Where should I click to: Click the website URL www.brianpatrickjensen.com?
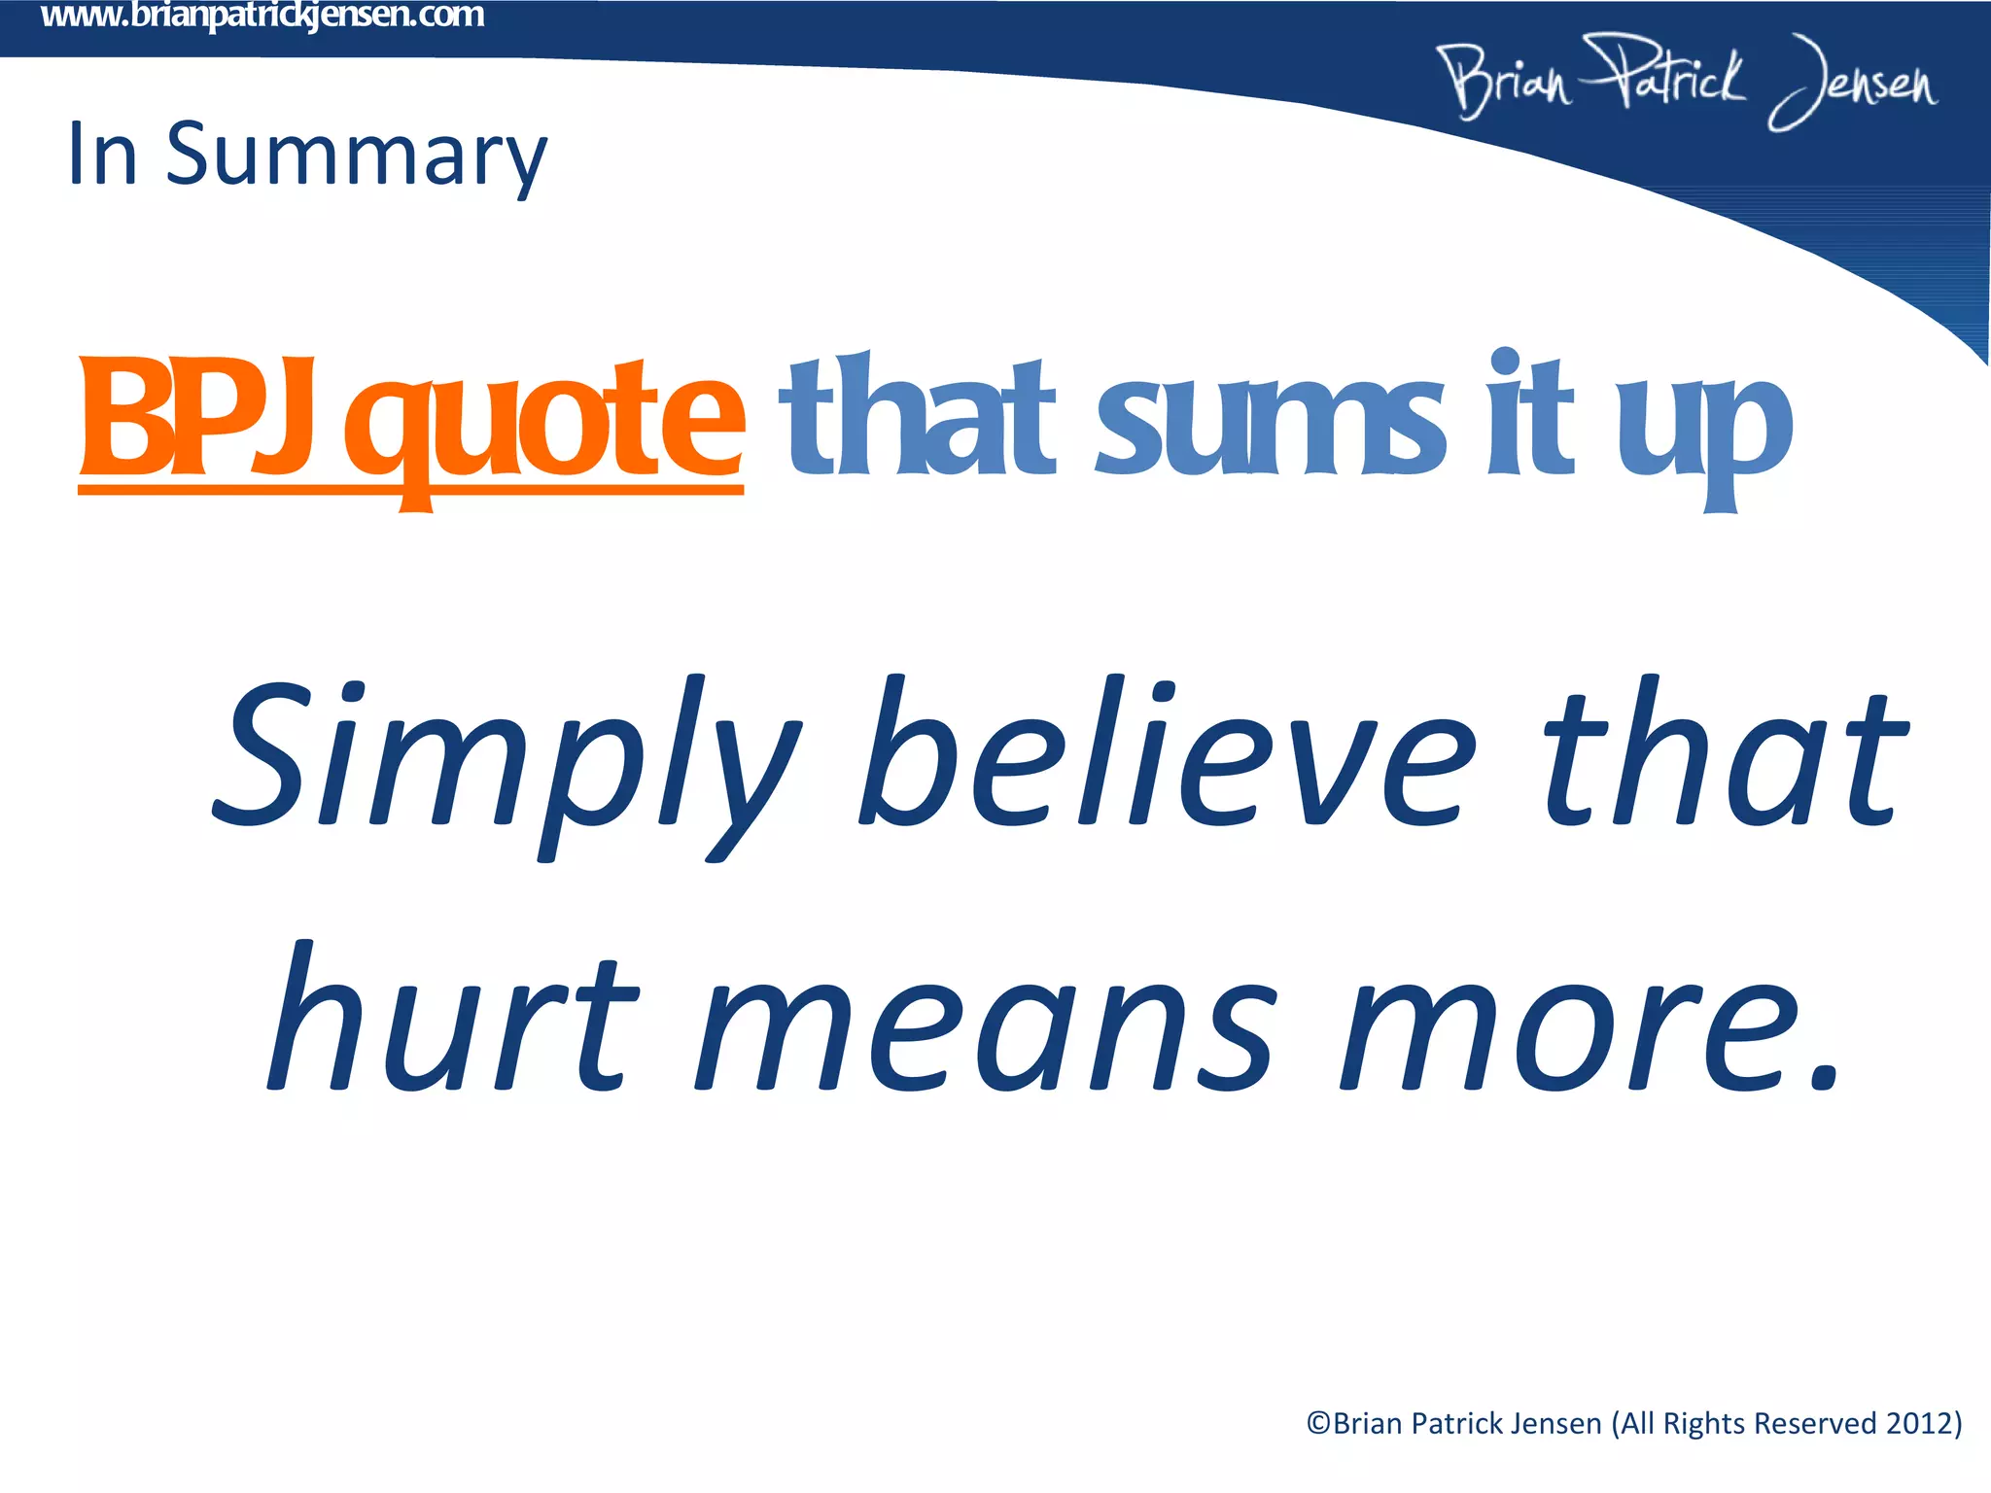tap(262, 16)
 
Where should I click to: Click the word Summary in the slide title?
tap(356, 156)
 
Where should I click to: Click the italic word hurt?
tap(452, 1021)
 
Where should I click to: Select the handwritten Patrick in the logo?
tap(1662, 73)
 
